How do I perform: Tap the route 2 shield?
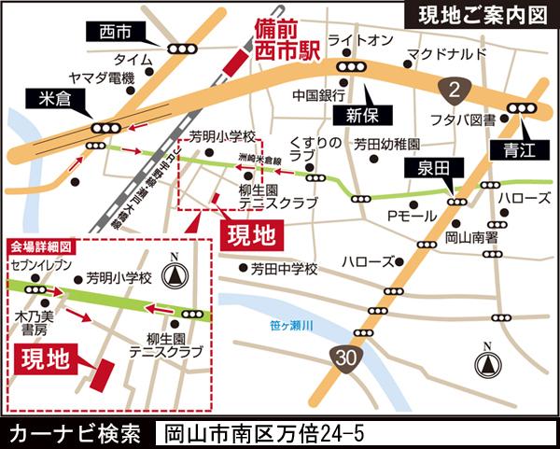point(453,90)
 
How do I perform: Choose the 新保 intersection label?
point(358,114)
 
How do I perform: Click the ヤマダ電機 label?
point(102,77)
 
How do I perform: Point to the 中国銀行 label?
point(319,94)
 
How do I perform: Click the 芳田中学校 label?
point(284,269)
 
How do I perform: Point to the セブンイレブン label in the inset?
point(41,266)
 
